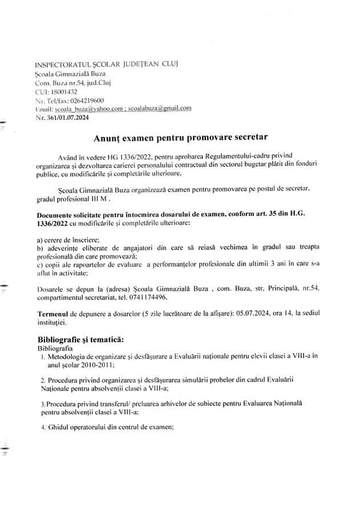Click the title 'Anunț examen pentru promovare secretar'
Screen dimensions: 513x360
180,137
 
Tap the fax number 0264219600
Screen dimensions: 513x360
85,100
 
